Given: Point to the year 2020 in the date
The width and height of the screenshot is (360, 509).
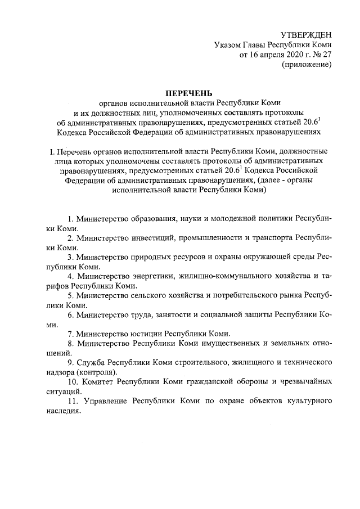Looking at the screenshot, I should point(290,55).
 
